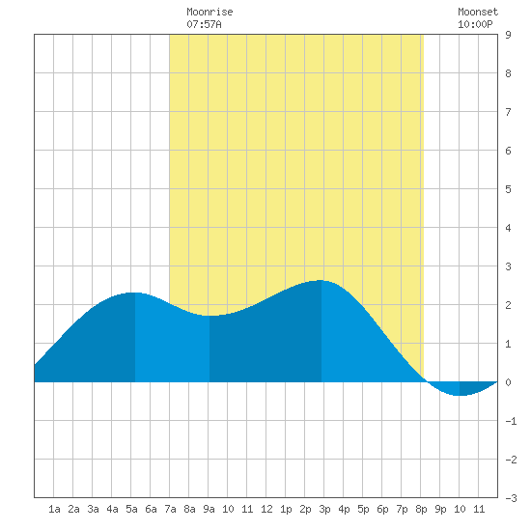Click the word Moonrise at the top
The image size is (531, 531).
[x=210, y=12]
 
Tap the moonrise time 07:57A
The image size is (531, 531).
[x=204, y=24]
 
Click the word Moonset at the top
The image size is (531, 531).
[x=478, y=12]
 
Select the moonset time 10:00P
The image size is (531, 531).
[x=475, y=24]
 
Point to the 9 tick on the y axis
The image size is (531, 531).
[x=508, y=35]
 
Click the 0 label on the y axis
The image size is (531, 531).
[x=508, y=382]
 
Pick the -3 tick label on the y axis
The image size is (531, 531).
[x=511, y=498]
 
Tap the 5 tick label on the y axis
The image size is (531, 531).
[x=508, y=189]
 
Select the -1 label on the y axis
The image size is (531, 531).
[x=511, y=421]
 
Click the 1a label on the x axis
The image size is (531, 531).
[x=54, y=509]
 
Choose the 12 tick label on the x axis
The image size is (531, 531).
[x=266, y=509]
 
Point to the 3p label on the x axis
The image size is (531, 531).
[x=324, y=509]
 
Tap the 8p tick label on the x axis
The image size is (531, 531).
[x=421, y=509]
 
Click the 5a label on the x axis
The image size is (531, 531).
[x=131, y=509]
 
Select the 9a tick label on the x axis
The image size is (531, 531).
[x=209, y=509]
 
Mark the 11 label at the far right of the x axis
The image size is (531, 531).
[x=479, y=509]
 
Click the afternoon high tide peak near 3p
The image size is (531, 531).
[x=321, y=280]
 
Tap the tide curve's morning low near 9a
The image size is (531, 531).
[x=209, y=316]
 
